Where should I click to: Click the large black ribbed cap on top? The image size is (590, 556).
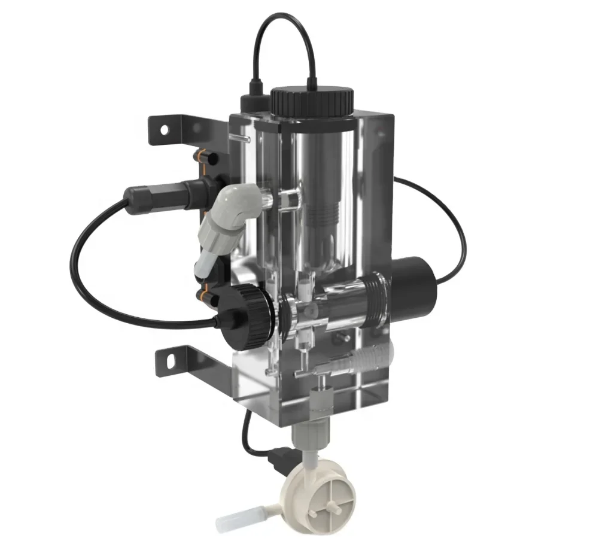pyautogui.click(x=312, y=102)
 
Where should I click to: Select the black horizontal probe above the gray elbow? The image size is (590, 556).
pyautogui.click(x=162, y=192)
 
